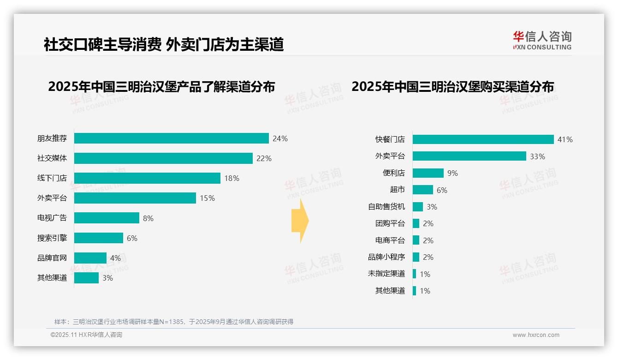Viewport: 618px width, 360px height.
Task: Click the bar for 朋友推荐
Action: pos(171,138)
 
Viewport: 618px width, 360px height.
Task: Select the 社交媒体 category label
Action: pos(52,158)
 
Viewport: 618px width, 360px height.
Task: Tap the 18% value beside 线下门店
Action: pos(232,178)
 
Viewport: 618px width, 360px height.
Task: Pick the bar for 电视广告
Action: pos(107,218)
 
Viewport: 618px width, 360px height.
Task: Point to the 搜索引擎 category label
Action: pos(52,238)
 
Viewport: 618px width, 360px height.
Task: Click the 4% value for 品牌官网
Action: pos(115,258)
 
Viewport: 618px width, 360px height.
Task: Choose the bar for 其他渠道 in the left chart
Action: pos(86,278)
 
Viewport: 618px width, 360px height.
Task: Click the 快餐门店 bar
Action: pos(483,139)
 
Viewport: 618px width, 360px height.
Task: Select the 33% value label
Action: pos(537,156)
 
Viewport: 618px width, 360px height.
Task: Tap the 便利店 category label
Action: pos(393,173)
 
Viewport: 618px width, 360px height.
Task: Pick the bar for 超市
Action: pos(423,190)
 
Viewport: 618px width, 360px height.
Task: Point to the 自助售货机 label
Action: pos(386,207)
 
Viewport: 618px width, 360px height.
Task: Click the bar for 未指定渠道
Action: pos(414,274)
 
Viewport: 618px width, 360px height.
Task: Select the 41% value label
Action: pos(565,139)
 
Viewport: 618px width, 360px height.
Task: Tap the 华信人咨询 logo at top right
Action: pos(542,40)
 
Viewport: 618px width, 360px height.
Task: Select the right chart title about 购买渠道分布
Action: pos(452,87)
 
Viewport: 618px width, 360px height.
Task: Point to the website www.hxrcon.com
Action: pos(536,335)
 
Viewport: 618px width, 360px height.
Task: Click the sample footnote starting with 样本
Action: pos(174,322)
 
